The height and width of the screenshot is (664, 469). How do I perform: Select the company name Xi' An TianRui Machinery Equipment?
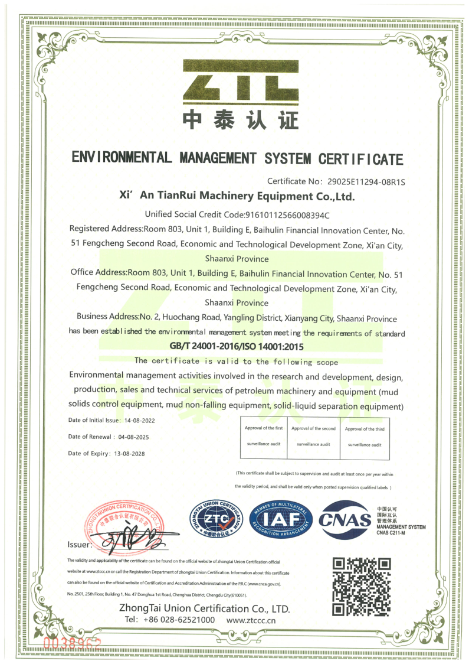236,196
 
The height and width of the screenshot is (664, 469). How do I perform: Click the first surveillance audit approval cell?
264,437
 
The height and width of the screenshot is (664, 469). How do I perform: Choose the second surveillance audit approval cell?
313,437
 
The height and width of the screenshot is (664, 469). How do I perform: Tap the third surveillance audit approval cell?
365,437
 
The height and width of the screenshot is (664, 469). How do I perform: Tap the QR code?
362,585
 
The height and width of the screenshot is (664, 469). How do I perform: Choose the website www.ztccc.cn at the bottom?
251,620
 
